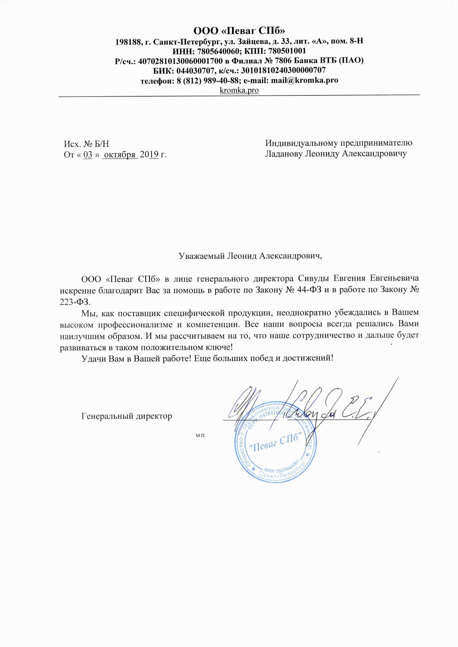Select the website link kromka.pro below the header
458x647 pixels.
[239, 90]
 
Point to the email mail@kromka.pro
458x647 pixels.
[304, 80]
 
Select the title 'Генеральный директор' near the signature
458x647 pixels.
[127, 416]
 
